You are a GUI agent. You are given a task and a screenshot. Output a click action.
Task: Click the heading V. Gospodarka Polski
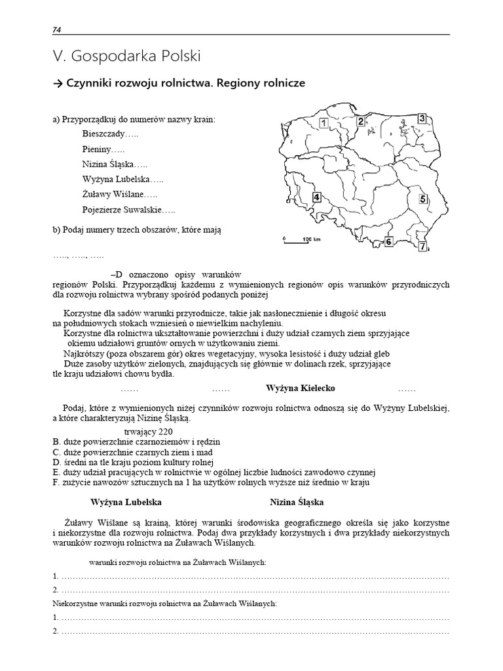click(x=126, y=56)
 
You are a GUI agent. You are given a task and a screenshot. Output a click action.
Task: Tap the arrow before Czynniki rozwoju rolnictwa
click(x=58, y=84)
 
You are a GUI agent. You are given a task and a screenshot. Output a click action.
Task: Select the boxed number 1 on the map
click(x=322, y=123)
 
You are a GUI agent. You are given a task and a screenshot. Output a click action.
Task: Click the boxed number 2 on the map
click(x=360, y=121)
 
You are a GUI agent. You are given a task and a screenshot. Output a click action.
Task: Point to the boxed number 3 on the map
click(x=422, y=118)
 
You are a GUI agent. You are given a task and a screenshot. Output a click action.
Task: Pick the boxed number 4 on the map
click(x=317, y=197)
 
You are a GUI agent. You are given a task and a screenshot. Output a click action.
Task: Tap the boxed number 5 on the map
click(x=423, y=199)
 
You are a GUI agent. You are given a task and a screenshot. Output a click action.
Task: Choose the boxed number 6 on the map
click(x=388, y=242)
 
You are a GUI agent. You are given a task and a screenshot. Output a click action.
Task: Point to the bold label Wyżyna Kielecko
click(x=300, y=389)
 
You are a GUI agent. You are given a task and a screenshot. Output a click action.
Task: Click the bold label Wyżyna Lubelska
click(x=126, y=502)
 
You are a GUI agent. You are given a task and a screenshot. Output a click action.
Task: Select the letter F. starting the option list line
click(x=56, y=483)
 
